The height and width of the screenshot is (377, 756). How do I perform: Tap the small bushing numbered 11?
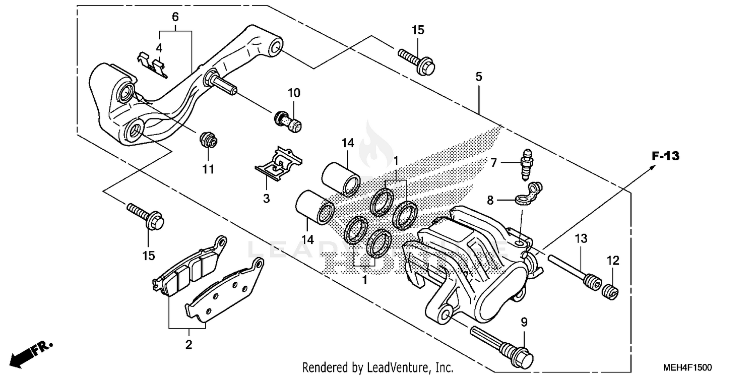coord(208,140)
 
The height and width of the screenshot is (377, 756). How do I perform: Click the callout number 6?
coord(175,17)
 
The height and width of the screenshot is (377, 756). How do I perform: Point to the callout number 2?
coord(188,345)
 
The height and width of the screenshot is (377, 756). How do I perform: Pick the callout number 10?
coord(294,93)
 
